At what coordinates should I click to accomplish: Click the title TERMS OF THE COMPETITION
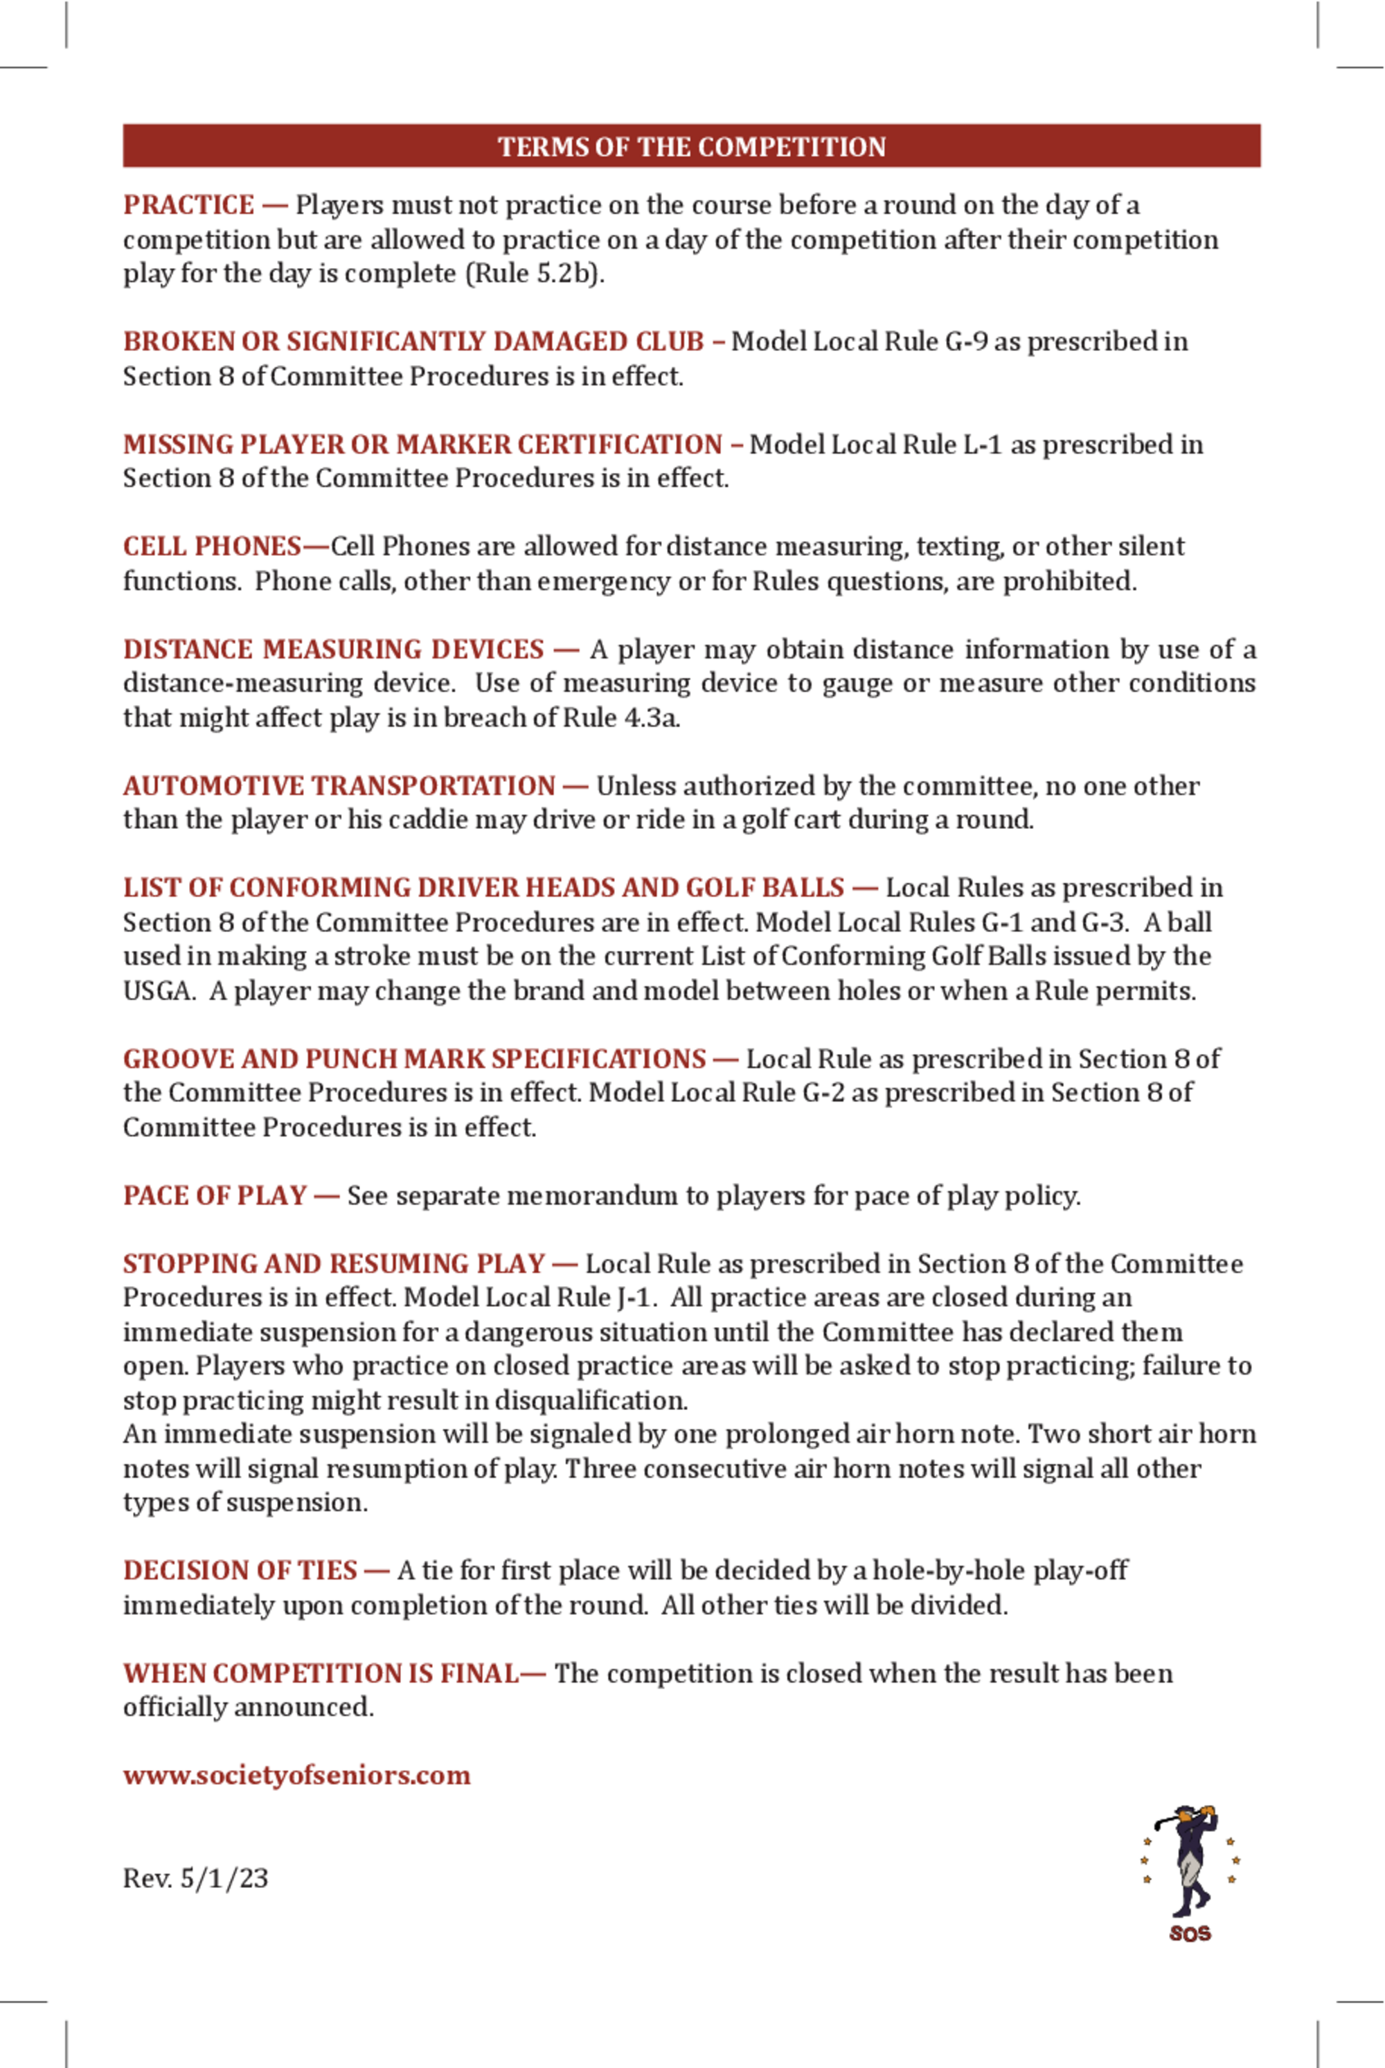692,147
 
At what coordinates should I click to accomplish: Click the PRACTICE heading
188,205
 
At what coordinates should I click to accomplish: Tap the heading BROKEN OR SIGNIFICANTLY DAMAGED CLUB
413,342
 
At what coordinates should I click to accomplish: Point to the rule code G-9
966,342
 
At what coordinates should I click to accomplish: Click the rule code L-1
982,445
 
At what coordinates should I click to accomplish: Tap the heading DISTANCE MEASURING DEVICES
333,650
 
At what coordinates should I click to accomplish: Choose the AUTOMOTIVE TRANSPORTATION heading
339,786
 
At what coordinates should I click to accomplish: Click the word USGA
157,991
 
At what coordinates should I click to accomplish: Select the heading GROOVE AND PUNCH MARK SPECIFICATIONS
414,1059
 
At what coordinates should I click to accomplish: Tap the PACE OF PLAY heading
215,1196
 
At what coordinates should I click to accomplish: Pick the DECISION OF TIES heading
240,1571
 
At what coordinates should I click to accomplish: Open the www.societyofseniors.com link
297,1776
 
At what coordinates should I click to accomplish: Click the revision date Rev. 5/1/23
195,1878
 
